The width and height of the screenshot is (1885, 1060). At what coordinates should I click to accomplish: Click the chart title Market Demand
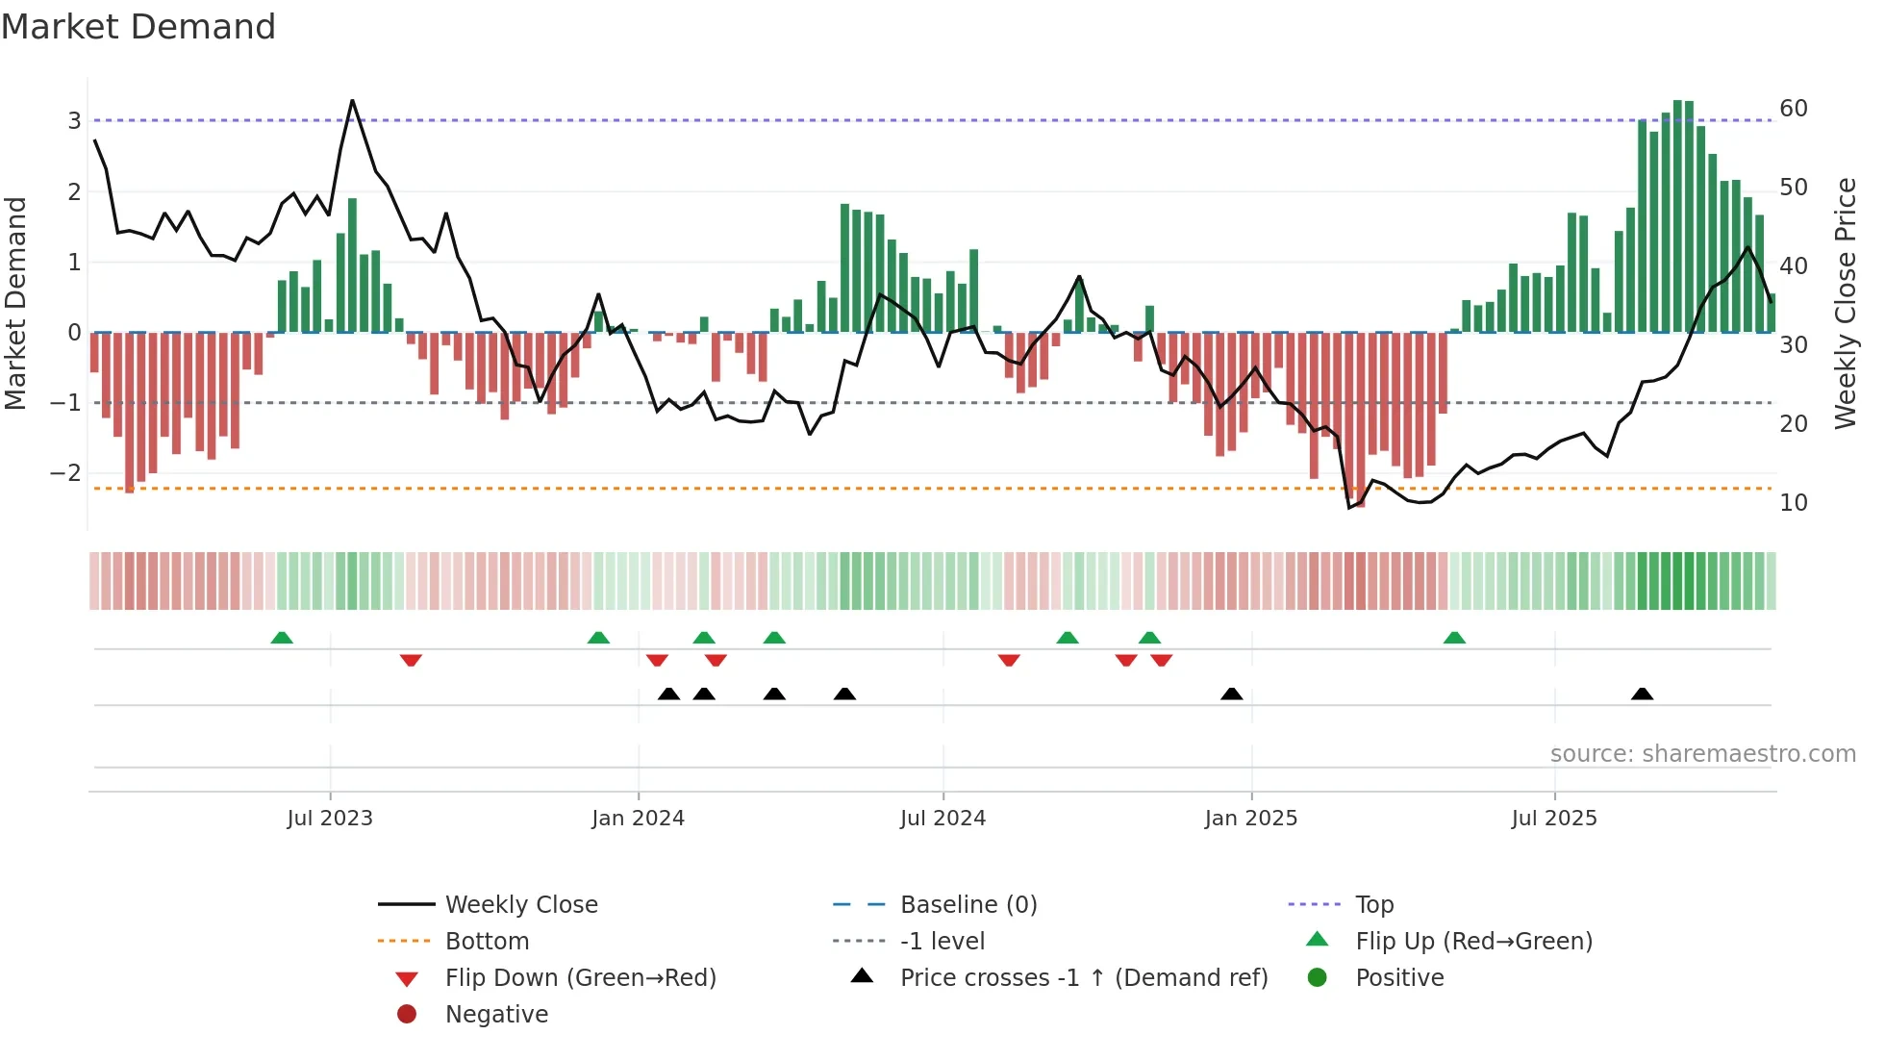pos(138,27)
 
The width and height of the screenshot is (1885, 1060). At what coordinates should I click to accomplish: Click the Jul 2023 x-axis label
pos(329,819)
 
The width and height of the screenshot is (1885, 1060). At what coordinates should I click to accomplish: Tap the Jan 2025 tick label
pos(1250,819)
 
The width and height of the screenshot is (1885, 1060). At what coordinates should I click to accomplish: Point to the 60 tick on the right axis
pos(1793,109)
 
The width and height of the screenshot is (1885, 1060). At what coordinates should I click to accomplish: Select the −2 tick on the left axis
pos(65,472)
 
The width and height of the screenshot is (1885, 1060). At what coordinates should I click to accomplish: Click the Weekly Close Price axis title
pos(1845,303)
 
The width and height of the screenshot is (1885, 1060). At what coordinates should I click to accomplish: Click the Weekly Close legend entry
pos(520,904)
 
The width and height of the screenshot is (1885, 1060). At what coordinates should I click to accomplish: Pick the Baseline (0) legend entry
pos(968,904)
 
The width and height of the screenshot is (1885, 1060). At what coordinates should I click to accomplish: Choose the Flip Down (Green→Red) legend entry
pos(580,978)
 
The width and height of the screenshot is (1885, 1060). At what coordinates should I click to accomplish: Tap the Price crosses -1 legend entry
pos(1083,978)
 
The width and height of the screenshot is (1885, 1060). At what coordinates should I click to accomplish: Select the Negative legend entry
pos(496,1015)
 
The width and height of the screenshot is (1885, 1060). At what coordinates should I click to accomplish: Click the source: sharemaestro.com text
pos(1702,754)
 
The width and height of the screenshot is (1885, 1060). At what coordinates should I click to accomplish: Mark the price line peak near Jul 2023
pos(352,100)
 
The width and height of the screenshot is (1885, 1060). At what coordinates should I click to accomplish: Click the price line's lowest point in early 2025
pos(1350,507)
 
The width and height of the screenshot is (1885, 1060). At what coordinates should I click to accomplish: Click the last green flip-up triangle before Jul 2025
pos(1454,638)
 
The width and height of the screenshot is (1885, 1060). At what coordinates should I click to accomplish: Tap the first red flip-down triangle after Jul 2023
pos(411,660)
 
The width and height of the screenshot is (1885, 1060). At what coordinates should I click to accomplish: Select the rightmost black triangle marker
pos(1642,694)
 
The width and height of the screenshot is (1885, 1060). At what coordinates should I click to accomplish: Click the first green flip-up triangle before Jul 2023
pos(282,638)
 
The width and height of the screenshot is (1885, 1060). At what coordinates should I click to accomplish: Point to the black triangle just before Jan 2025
pos(1231,694)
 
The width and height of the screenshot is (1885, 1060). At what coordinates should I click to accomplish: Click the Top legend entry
pos(1373,904)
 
